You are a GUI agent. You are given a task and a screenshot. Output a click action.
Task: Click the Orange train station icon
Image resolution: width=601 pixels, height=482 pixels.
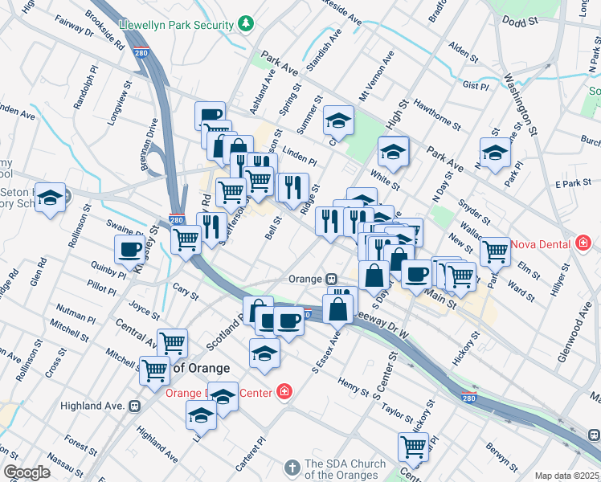click(331, 279)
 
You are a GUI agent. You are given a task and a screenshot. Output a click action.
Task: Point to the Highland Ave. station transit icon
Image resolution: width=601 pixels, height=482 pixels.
click(136, 406)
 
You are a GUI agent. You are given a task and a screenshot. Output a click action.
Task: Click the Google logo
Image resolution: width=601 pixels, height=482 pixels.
click(27, 472)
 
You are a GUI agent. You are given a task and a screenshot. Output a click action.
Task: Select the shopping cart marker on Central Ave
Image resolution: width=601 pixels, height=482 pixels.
click(172, 343)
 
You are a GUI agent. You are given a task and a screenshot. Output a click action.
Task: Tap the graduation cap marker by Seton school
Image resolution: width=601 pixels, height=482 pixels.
click(50, 198)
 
